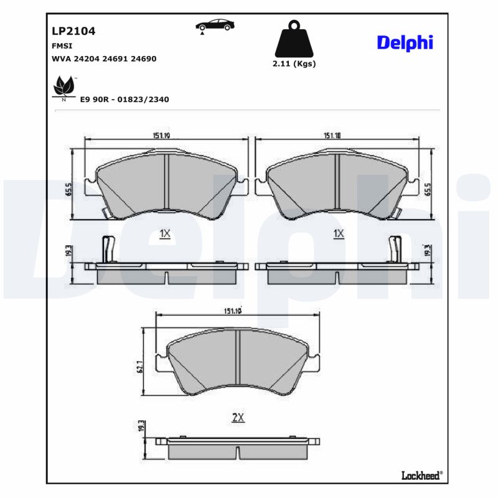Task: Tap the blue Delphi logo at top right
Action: (x=405, y=42)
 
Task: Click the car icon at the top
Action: (x=215, y=26)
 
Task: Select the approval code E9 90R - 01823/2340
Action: (x=125, y=99)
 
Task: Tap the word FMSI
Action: (x=60, y=46)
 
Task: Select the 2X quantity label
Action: (x=237, y=418)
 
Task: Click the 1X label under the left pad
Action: (x=165, y=233)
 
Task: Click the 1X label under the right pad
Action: (x=339, y=233)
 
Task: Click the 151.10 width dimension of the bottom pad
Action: (x=232, y=311)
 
